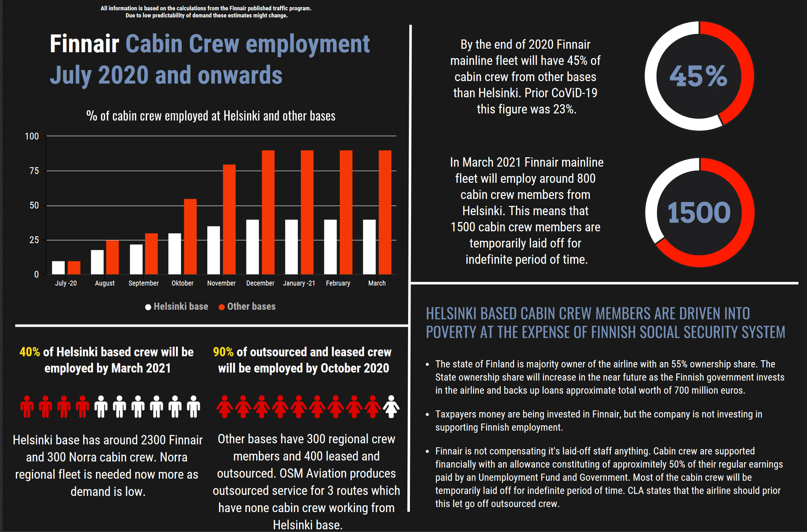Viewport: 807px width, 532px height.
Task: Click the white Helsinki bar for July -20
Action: (x=58, y=268)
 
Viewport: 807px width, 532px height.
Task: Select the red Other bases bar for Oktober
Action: (x=190, y=236)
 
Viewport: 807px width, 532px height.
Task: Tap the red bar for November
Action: (x=229, y=219)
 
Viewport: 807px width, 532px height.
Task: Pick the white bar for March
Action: (x=369, y=247)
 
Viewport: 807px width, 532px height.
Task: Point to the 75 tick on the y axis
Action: (x=34, y=171)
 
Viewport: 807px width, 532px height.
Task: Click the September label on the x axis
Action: (x=144, y=283)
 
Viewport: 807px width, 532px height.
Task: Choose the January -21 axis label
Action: (x=299, y=283)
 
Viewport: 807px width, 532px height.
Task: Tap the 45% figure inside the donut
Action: (x=699, y=76)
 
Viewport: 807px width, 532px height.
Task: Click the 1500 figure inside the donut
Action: (x=699, y=213)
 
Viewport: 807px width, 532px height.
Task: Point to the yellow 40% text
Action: (x=30, y=352)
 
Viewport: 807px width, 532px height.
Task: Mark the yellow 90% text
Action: (x=223, y=352)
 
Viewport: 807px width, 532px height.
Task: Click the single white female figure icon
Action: (x=391, y=407)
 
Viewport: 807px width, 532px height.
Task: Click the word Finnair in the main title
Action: (x=84, y=44)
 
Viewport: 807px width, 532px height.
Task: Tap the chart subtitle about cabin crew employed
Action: (x=211, y=116)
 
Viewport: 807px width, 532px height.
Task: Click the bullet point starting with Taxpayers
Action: (x=599, y=421)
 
